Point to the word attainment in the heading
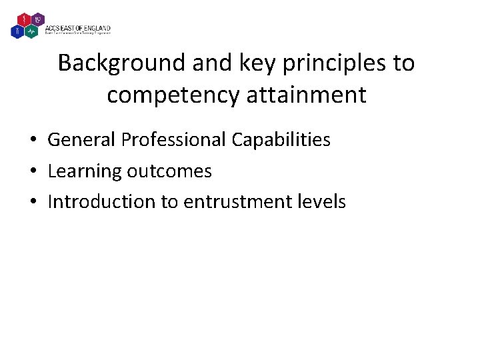[x=307, y=95]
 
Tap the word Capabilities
[x=281, y=139]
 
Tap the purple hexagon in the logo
[x=37, y=19]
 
